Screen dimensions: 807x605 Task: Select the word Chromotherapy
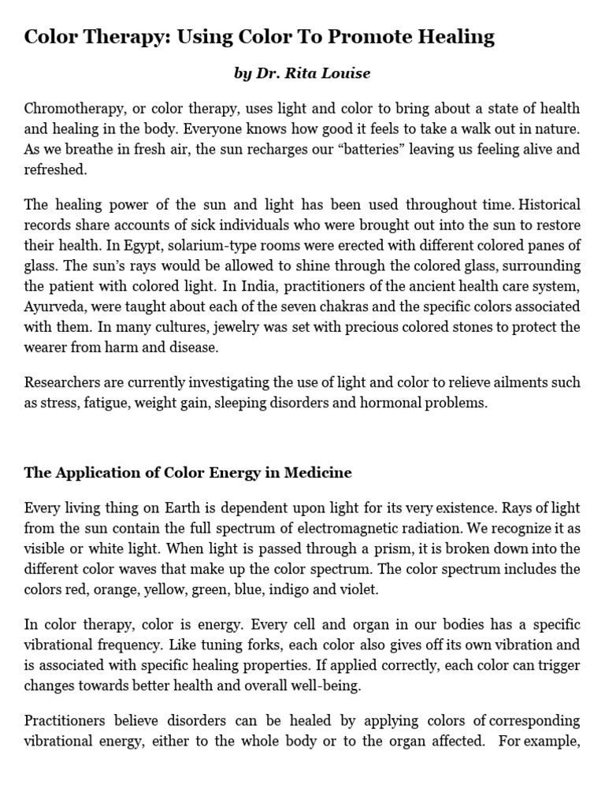(69, 109)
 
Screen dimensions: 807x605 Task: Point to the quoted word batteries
(343, 150)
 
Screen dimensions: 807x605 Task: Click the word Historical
(541, 205)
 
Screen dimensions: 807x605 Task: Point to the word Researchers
(62, 382)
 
